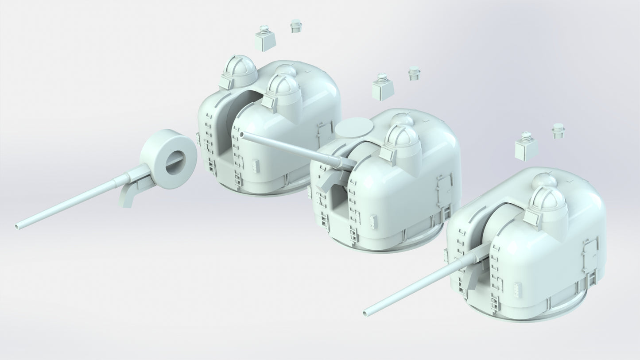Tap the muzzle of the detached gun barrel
tap(18, 226)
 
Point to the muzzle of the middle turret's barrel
tap(241, 134)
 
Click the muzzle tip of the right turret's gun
tap(366, 313)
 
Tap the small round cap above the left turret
tap(296, 26)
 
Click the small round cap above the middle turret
tap(414, 73)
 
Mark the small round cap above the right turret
tap(558, 131)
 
